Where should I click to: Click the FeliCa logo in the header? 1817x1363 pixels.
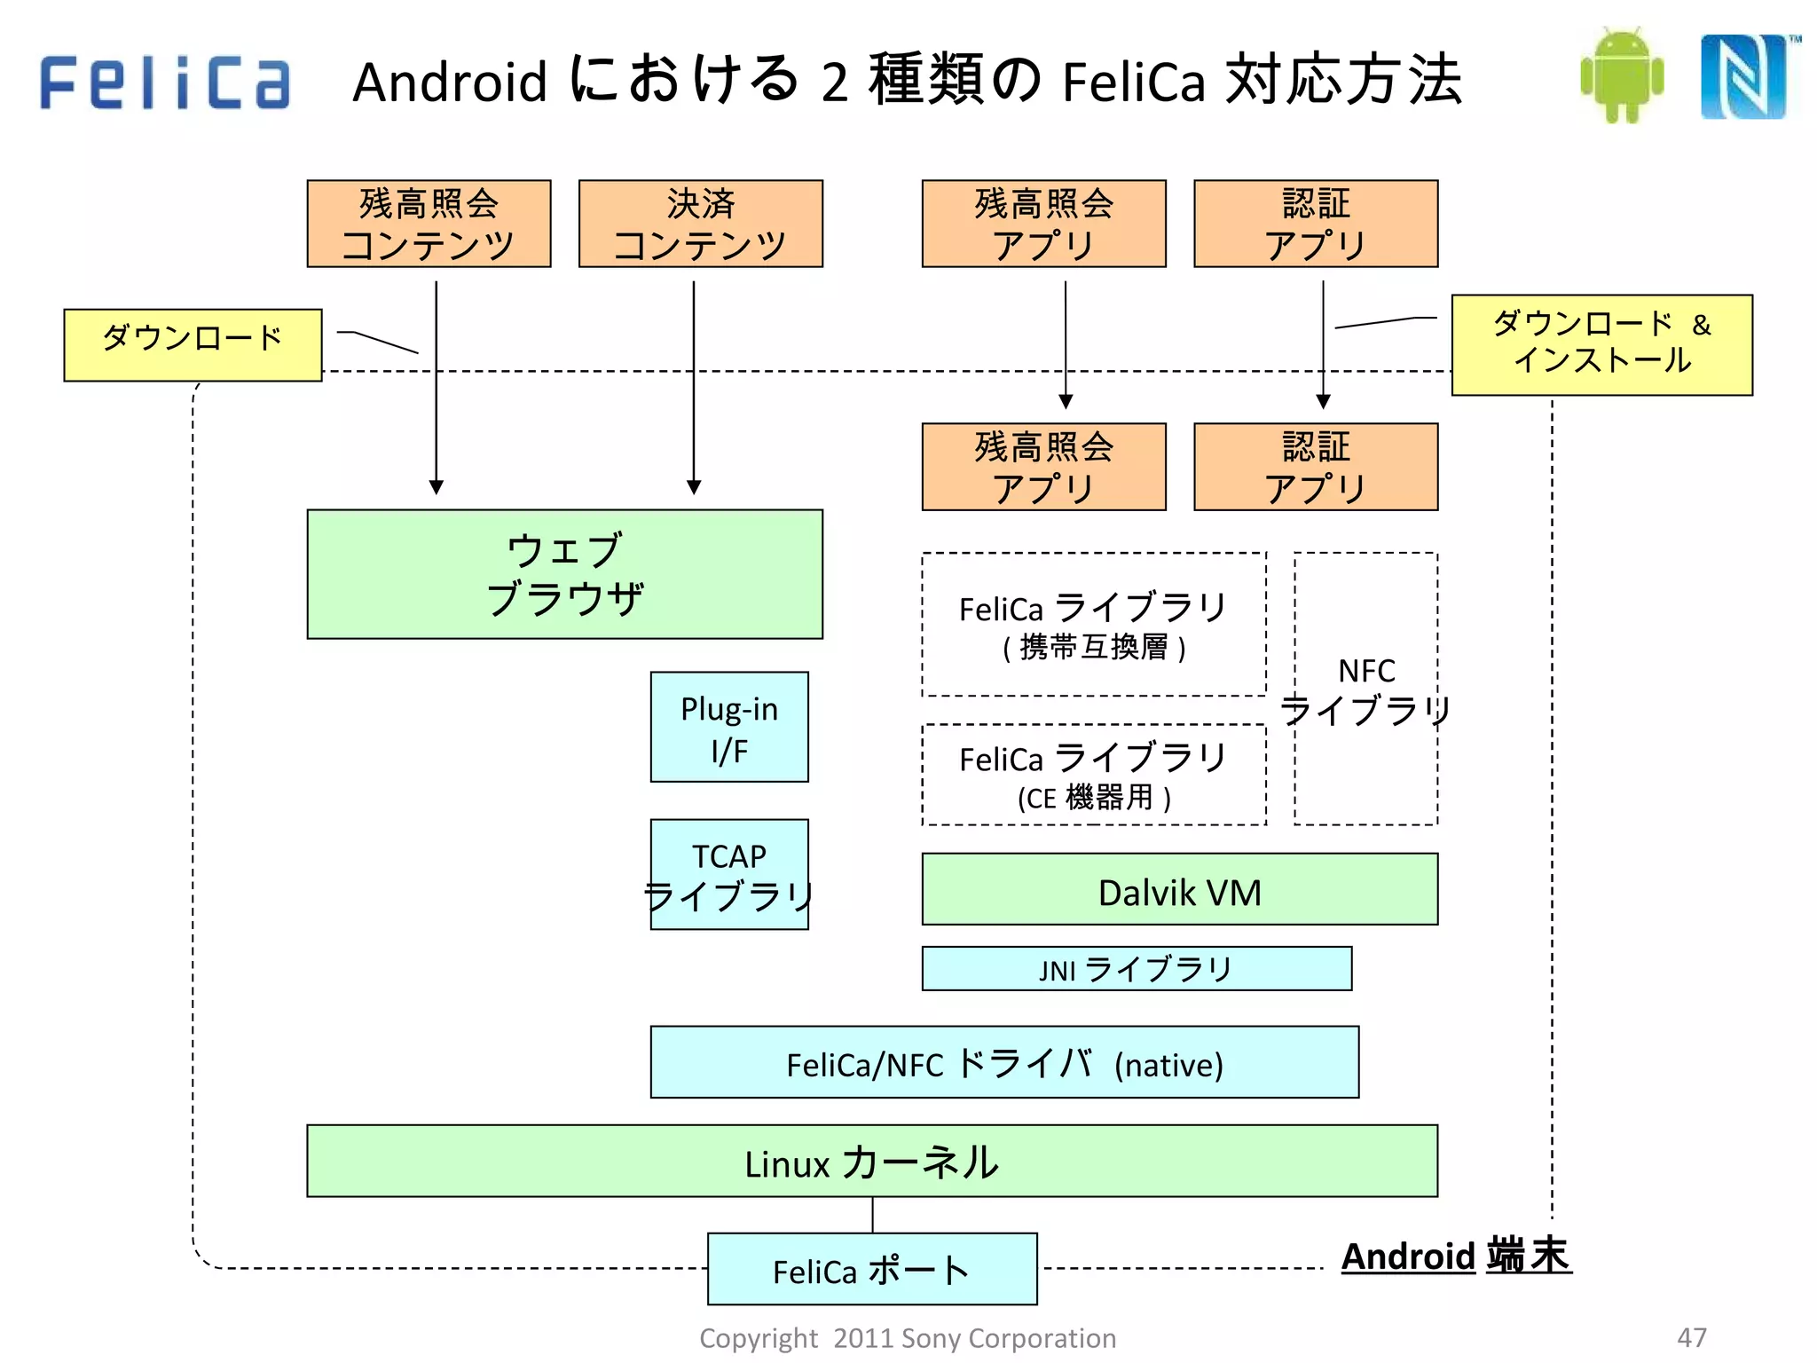(165, 82)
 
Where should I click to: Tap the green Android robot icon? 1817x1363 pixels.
(1622, 76)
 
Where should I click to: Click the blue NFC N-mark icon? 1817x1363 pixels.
(1744, 76)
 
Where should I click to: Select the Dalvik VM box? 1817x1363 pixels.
(1179, 890)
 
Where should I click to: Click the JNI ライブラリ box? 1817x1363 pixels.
(1137, 969)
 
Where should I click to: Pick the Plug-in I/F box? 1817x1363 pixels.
(729, 727)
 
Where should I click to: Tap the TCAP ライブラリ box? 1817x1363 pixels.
(729, 875)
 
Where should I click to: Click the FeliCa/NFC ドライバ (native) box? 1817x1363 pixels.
(1004, 1063)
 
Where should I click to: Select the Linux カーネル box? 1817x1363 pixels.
(872, 1162)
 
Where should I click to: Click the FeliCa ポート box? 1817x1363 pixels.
(872, 1270)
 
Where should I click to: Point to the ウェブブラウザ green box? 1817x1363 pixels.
(565, 574)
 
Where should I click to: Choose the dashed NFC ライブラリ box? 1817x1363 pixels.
(1366, 689)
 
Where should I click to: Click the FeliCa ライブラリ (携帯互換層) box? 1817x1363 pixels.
(1094, 625)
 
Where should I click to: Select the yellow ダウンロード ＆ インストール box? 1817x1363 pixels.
(1601, 345)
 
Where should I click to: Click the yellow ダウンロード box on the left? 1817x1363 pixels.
(193, 345)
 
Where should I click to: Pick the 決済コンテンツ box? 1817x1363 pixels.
(701, 224)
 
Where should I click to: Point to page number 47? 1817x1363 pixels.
(1691, 1337)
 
